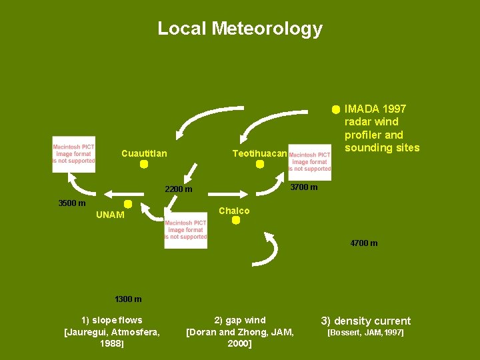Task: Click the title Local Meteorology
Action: pos(240,29)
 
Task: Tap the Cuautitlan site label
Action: pos(144,154)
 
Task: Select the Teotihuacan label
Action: pos(259,154)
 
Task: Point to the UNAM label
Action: pos(110,215)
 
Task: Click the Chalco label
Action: pos(234,211)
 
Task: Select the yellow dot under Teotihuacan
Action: pos(260,164)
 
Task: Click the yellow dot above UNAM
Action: pos(128,204)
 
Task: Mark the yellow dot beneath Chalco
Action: pos(235,221)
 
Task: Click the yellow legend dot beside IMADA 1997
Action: pos(336,109)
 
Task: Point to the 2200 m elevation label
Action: pos(179,190)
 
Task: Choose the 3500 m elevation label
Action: pos(72,203)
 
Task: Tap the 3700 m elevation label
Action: pos(304,187)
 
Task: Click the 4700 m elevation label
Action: pos(364,243)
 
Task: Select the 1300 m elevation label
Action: pos(128,299)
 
